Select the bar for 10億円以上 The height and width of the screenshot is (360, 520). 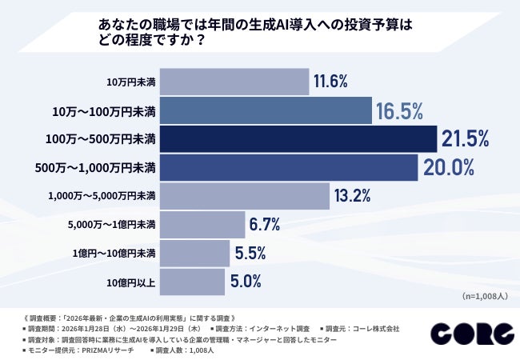193,282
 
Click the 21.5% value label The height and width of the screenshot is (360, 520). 465,139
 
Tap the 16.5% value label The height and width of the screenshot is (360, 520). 399,110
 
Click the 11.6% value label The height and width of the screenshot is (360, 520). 330,82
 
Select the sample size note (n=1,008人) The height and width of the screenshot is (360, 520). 486,297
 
